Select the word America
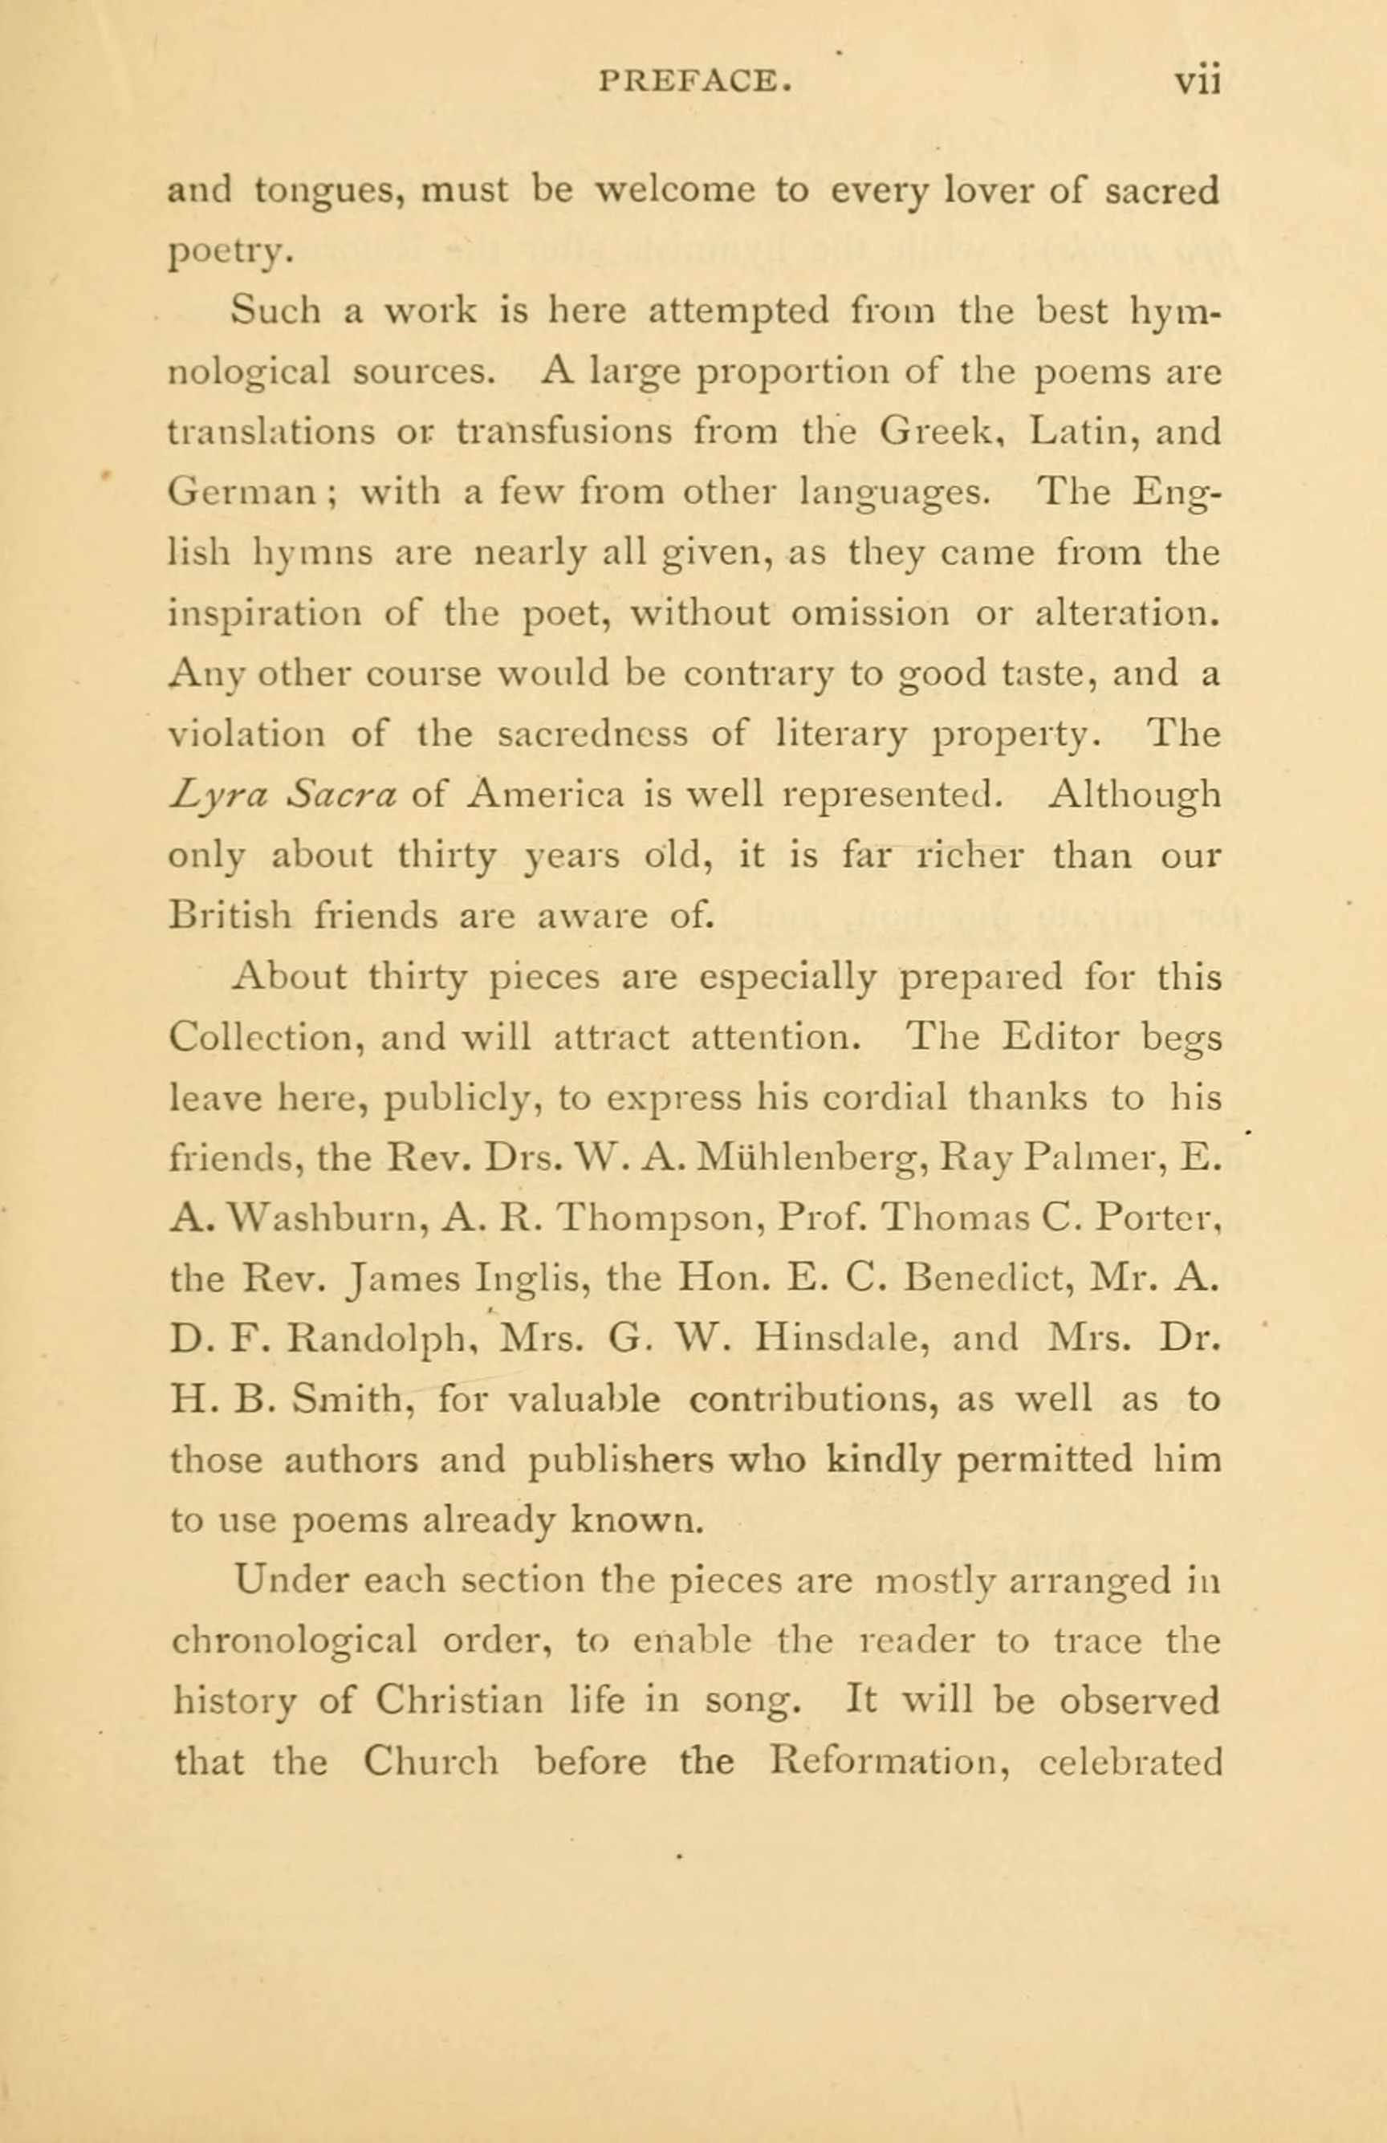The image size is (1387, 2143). (x=547, y=795)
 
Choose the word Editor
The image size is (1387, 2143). (x=1062, y=1037)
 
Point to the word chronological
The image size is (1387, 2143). (x=294, y=1641)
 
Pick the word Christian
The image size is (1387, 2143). (x=459, y=1702)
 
